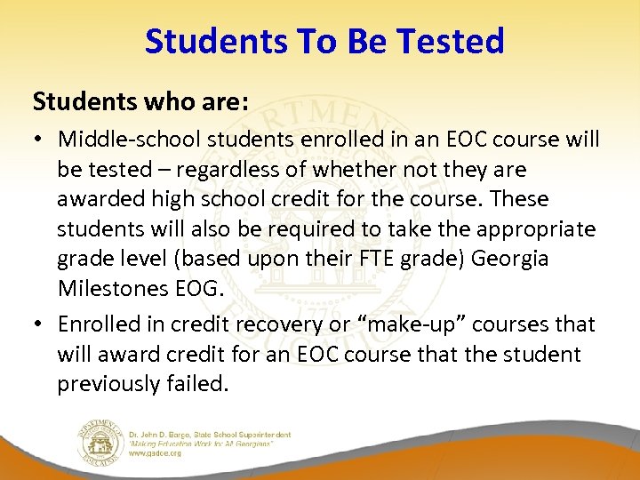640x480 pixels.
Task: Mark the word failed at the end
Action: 204,384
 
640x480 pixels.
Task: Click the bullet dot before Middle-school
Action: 42,140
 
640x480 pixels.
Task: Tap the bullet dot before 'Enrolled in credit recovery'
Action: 42,325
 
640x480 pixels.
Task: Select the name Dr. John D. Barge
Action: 164,435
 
